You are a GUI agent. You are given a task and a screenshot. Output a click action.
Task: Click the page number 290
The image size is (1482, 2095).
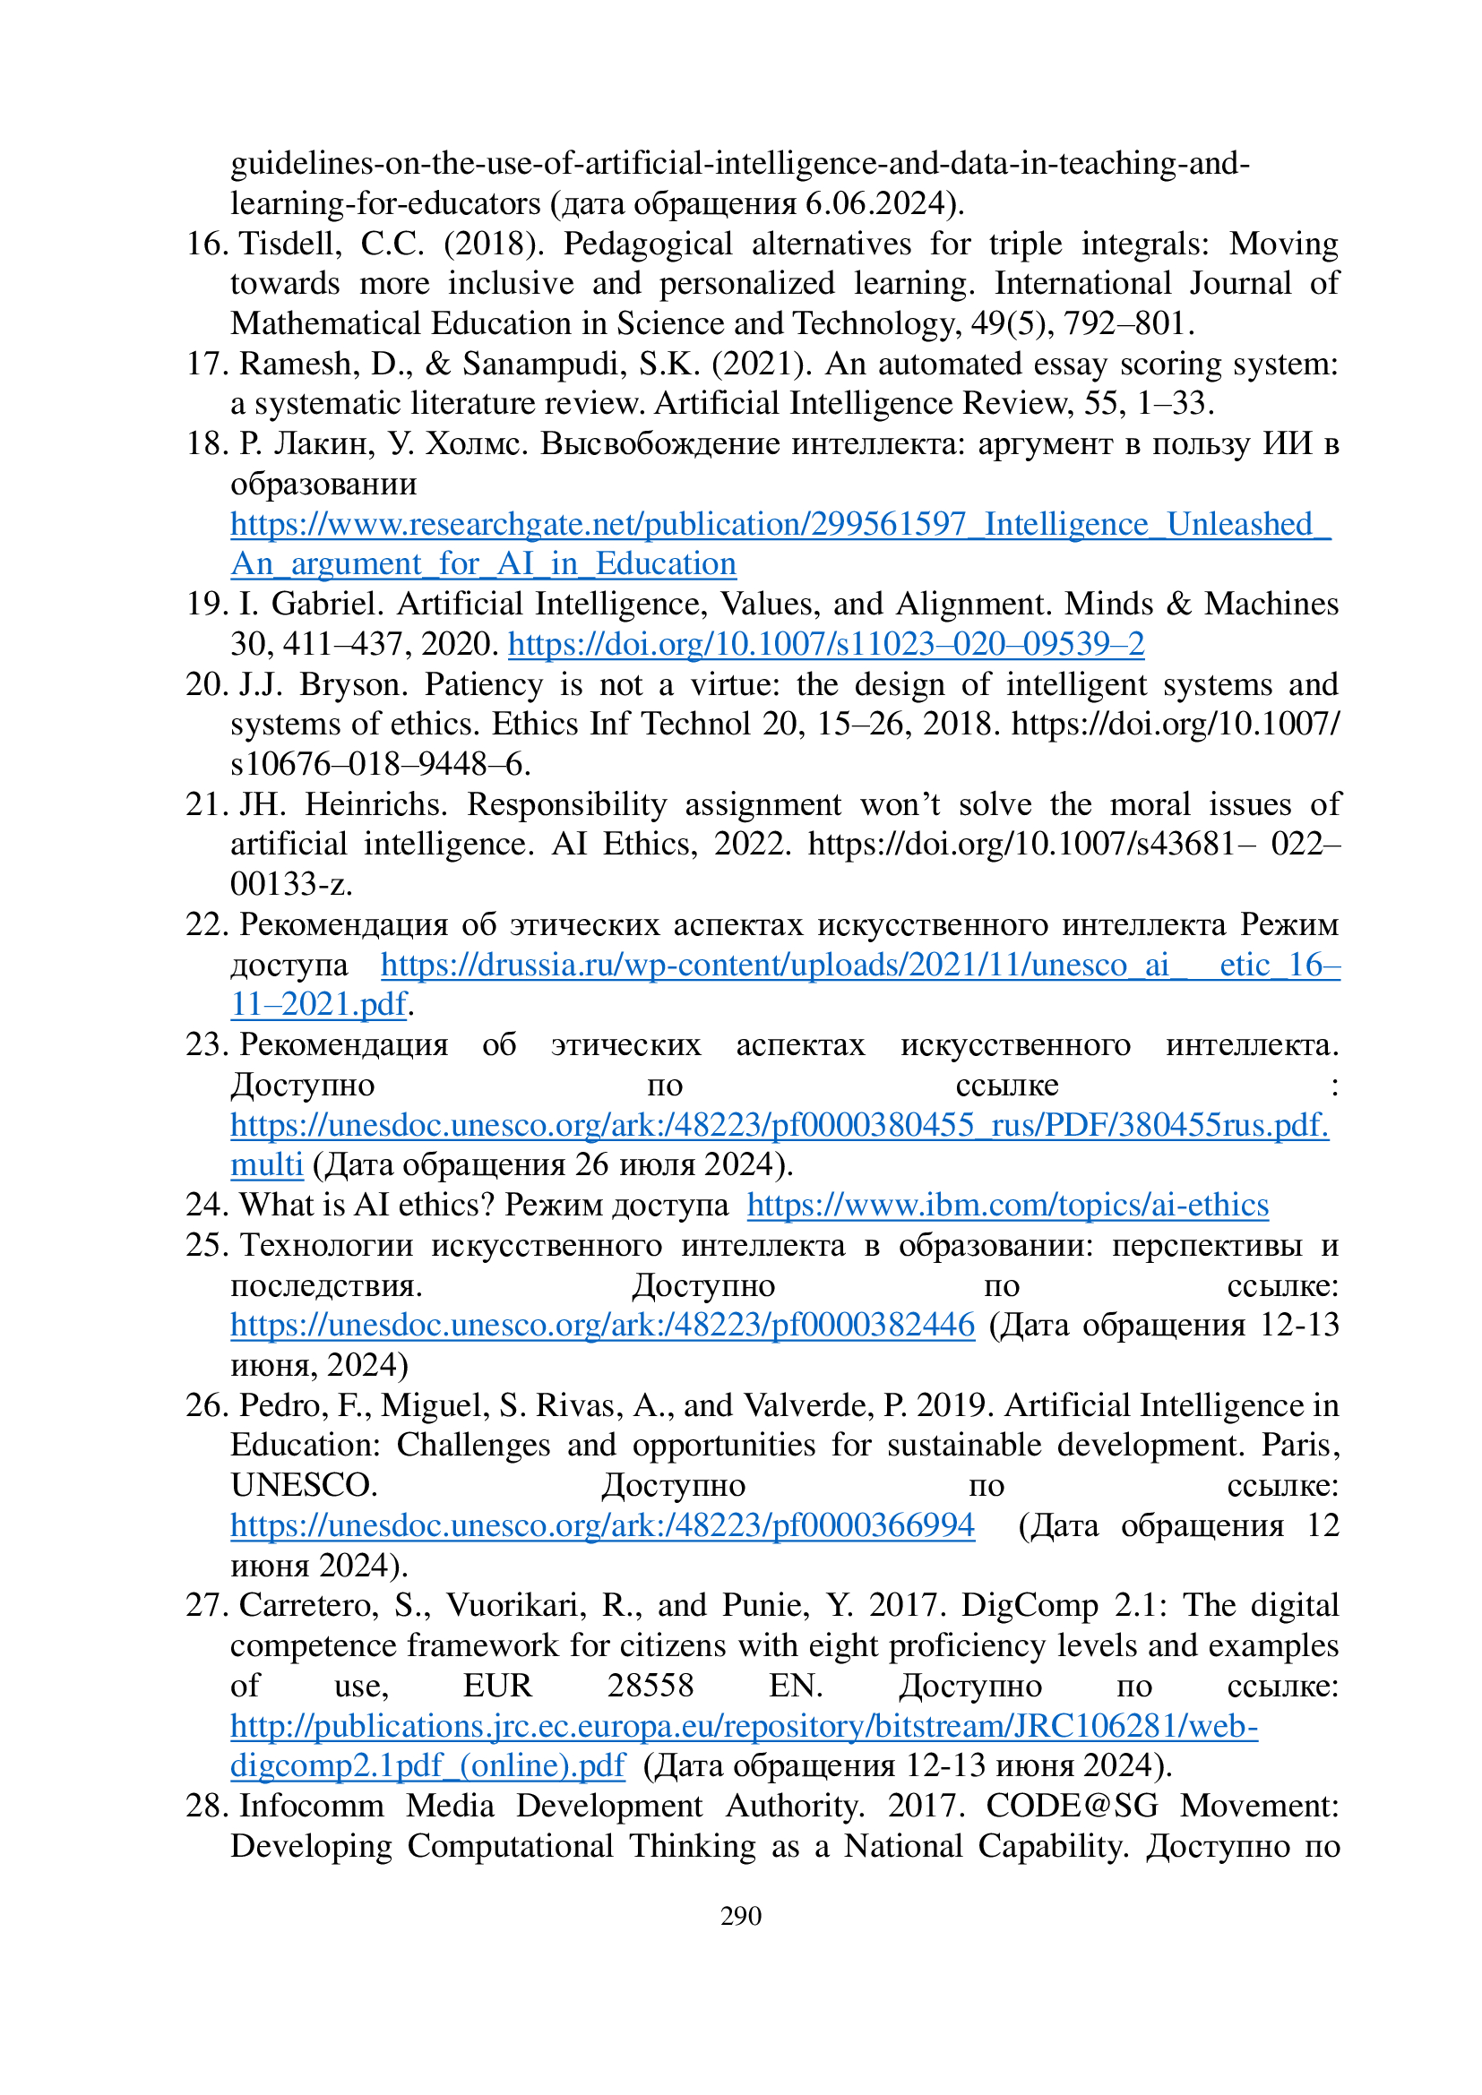point(740,1915)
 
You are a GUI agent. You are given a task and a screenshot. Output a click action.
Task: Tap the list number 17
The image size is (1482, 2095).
point(206,364)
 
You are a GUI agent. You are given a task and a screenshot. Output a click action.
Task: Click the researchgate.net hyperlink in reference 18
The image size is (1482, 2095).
point(780,525)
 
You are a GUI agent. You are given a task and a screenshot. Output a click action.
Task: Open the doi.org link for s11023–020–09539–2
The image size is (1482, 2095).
point(826,644)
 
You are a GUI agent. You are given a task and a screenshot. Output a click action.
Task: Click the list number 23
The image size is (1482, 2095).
point(206,1044)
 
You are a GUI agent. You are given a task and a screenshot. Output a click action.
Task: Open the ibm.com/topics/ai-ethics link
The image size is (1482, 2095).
point(1007,1206)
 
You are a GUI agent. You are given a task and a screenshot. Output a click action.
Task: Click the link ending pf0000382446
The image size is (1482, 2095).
point(602,1325)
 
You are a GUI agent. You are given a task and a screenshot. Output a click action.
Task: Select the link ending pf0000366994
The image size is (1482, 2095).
point(602,1525)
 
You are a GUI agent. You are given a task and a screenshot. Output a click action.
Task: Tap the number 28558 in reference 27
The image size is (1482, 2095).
point(651,1686)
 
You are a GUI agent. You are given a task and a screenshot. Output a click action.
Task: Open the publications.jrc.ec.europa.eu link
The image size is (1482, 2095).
point(744,1726)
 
